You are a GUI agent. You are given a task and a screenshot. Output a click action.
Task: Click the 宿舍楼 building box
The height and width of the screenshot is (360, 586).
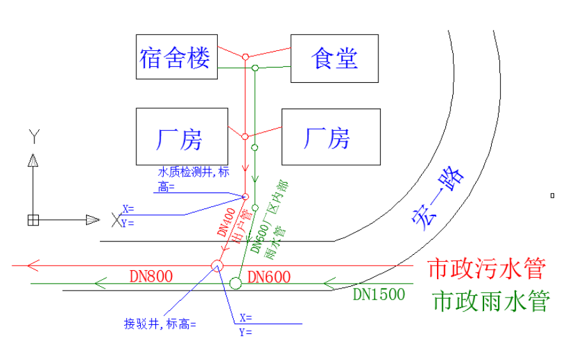pyautogui.click(x=175, y=57)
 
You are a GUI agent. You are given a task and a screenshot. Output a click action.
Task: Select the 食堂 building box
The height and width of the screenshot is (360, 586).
pyautogui.click(x=335, y=59)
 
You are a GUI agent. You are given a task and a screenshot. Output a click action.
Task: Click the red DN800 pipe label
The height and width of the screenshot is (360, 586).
pyautogui.click(x=151, y=276)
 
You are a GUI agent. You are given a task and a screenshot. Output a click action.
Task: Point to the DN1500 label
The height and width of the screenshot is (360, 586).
pyautogui.click(x=380, y=294)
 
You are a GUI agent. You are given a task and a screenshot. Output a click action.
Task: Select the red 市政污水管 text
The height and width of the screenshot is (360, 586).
pyautogui.click(x=487, y=269)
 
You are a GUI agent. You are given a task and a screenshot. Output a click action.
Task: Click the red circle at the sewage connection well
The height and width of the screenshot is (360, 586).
pyautogui.click(x=217, y=266)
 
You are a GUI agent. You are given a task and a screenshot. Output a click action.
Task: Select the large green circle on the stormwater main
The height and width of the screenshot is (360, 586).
pyautogui.click(x=236, y=282)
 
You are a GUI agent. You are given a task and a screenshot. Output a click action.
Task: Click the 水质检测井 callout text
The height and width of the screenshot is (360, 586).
pyautogui.click(x=194, y=173)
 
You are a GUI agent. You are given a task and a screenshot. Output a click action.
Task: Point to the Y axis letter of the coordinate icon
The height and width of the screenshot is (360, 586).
pyautogui.click(x=33, y=135)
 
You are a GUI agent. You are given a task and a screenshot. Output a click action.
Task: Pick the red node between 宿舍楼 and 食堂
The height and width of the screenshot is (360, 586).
pyautogui.click(x=245, y=57)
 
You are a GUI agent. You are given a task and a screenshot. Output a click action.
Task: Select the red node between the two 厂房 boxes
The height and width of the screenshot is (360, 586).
pyautogui.click(x=245, y=136)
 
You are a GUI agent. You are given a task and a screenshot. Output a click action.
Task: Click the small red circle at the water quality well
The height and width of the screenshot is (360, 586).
pyautogui.click(x=245, y=196)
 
